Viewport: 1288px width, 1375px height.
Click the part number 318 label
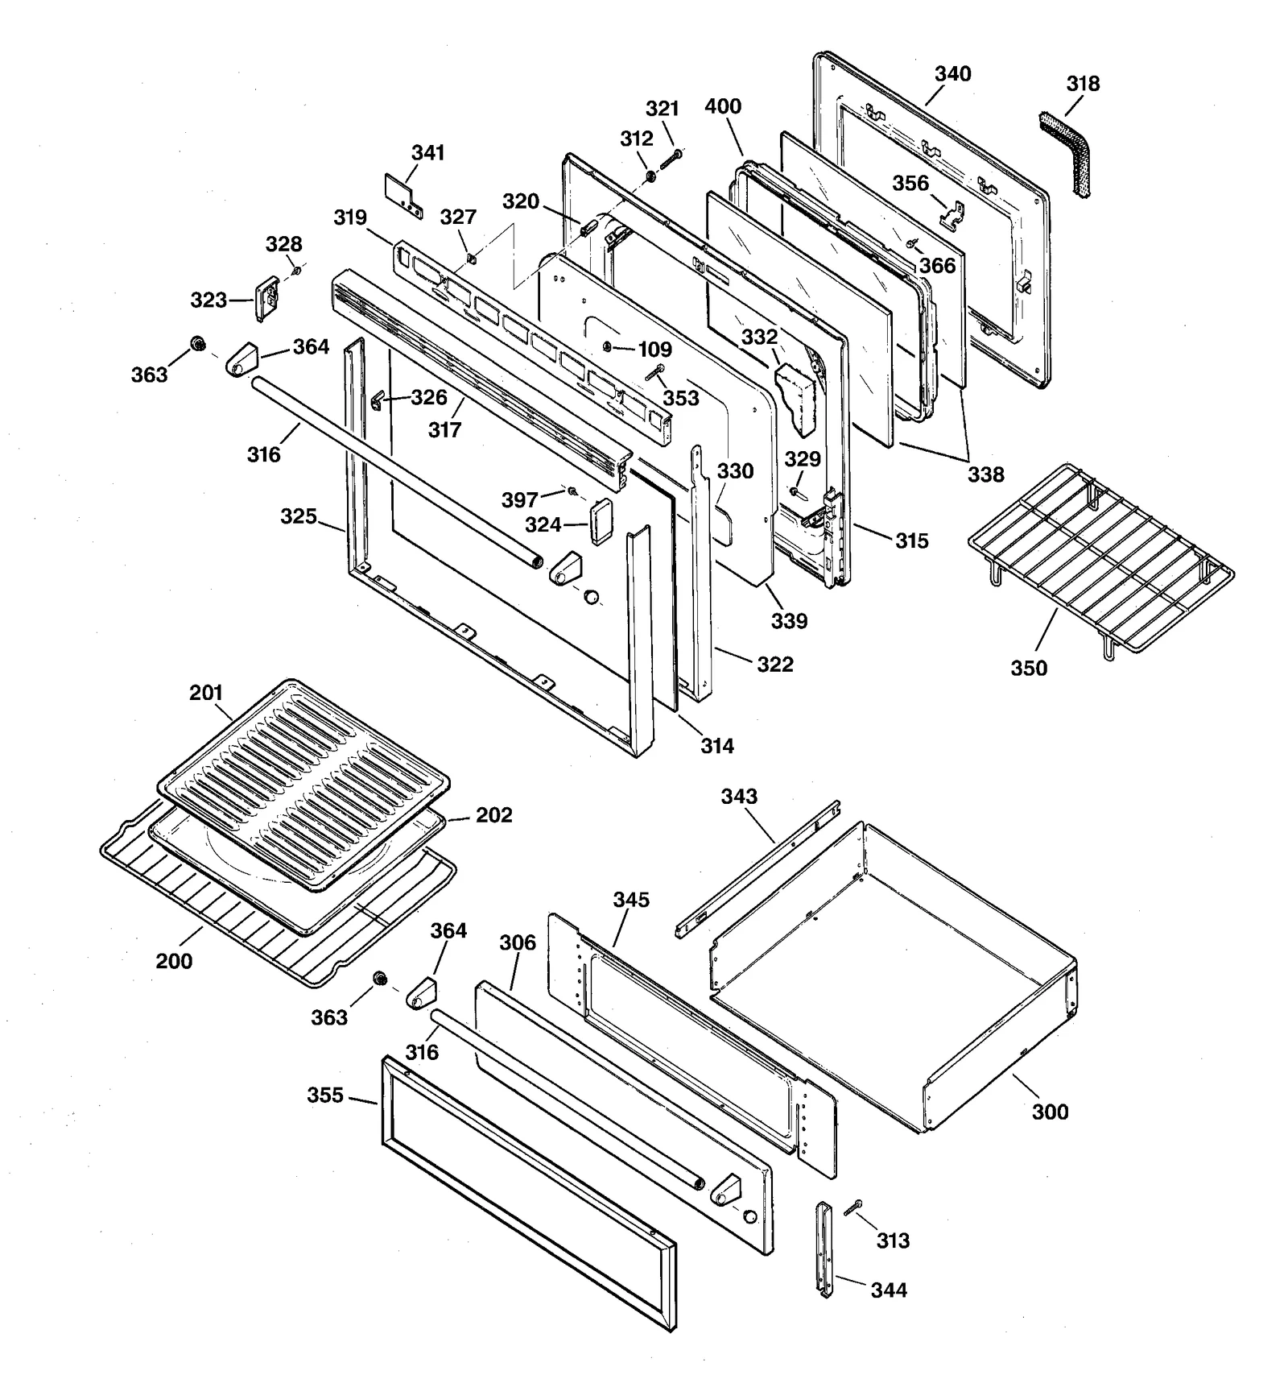tap(1083, 84)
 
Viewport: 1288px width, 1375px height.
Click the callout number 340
tap(952, 74)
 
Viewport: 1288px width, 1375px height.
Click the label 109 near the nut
tap(654, 350)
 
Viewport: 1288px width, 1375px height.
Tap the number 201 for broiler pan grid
tap(206, 693)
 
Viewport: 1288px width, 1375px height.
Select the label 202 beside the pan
tap(493, 815)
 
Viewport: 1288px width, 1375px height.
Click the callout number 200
tap(174, 961)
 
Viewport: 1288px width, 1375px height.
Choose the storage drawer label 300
tap(1050, 1112)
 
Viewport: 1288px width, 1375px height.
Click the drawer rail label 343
tap(738, 797)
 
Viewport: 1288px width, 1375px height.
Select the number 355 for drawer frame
tap(325, 1095)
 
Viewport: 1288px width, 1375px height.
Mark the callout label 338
tap(985, 474)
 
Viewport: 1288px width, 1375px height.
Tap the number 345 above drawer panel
tap(630, 900)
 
